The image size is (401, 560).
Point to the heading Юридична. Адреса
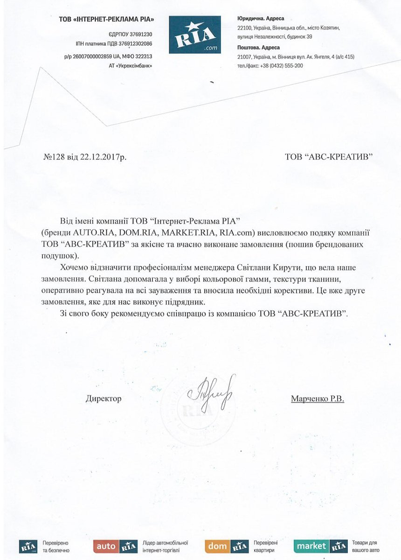[261, 19]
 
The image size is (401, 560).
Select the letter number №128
[53, 157]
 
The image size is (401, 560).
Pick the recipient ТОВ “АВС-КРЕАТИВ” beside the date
[329, 157]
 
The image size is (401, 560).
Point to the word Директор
[104, 399]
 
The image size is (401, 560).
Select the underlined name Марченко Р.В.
[317, 399]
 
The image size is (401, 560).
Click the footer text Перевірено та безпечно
[55, 547]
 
